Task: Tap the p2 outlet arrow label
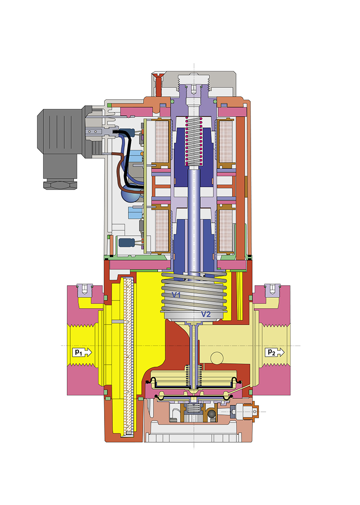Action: point(276,352)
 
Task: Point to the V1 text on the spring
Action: point(176,295)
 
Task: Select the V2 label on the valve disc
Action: point(206,314)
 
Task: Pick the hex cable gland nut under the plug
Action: point(60,185)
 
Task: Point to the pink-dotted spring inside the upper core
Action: point(193,141)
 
